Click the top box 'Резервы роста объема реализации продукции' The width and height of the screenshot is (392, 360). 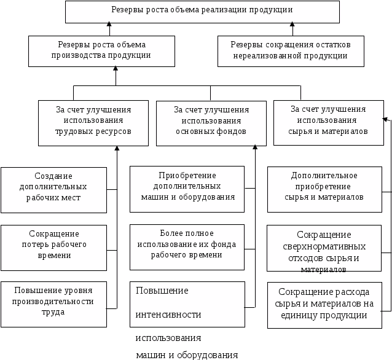(202, 11)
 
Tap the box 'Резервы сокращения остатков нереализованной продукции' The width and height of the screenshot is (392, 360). (291, 50)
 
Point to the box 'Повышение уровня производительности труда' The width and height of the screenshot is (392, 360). (53, 301)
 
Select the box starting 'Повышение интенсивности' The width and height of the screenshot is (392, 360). (187, 305)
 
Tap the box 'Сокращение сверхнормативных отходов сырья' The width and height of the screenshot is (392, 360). (324, 251)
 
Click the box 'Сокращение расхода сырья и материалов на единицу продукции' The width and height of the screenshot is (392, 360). (324, 304)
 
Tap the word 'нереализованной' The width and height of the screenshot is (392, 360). (265, 55)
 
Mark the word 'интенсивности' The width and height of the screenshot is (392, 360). (168, 315)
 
